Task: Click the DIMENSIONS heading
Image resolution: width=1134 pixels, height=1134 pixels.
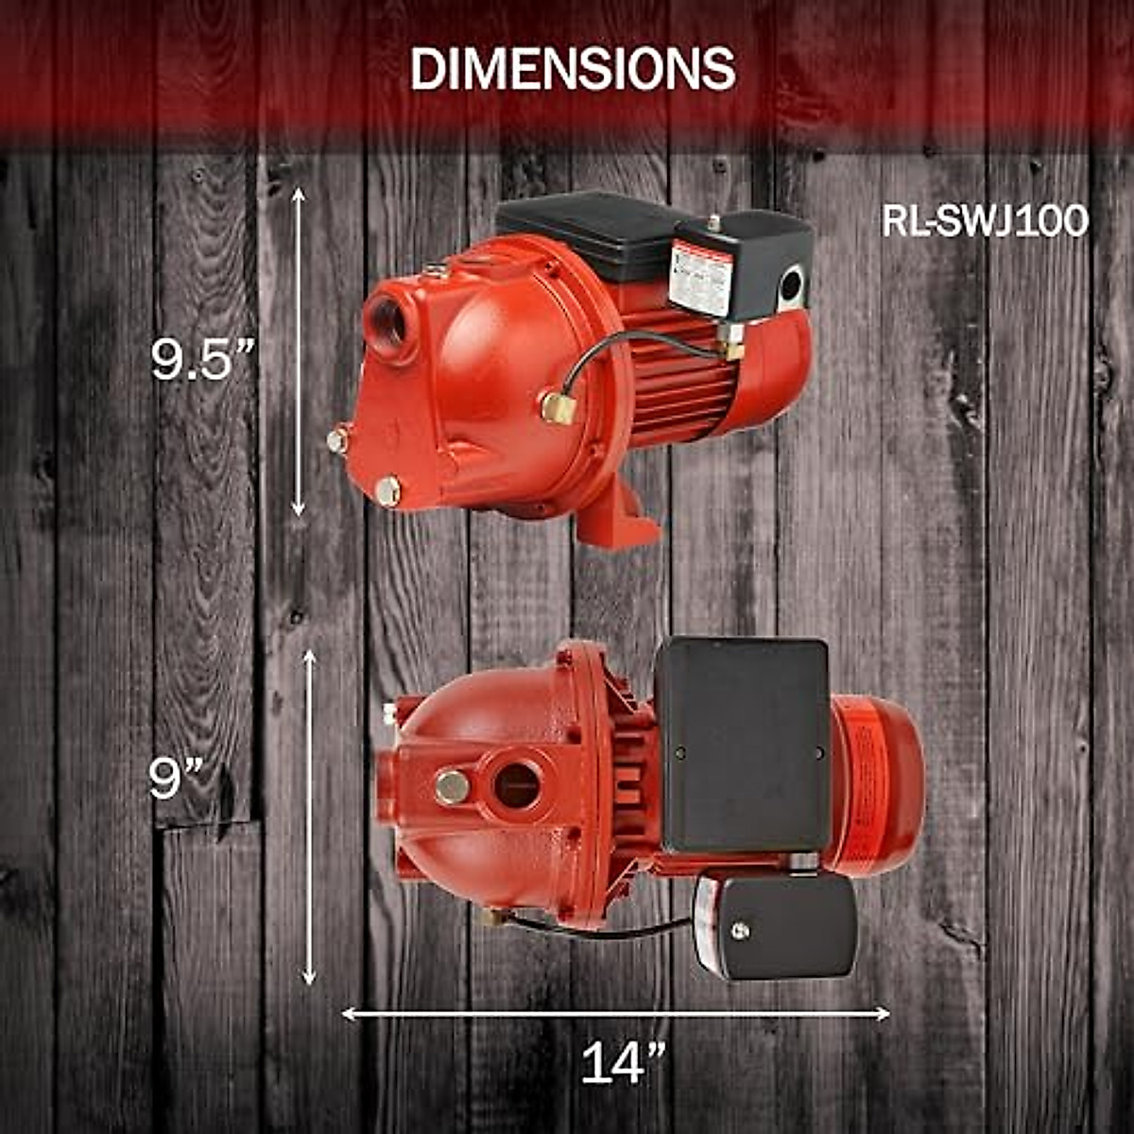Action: [x=573, y=68]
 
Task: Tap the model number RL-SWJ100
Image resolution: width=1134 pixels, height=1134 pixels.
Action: [x=985, y=222]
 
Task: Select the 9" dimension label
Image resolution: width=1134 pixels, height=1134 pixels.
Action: [x=177, y=779]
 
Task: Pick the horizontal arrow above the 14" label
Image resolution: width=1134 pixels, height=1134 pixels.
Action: [x=615, y=1014]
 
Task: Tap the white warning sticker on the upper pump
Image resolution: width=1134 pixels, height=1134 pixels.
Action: [x=700, y=274]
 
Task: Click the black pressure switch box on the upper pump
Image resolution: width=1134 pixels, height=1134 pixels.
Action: [x=765, y=260]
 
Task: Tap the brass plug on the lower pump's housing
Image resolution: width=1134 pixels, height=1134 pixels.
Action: [x=453, y=786]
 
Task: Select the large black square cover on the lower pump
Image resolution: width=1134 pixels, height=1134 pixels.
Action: [x=743, y=745]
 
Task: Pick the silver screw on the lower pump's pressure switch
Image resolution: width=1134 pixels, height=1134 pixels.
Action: [x=740, y=931]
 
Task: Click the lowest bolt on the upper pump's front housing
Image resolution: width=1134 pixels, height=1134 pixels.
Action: [x=387, y=490]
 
